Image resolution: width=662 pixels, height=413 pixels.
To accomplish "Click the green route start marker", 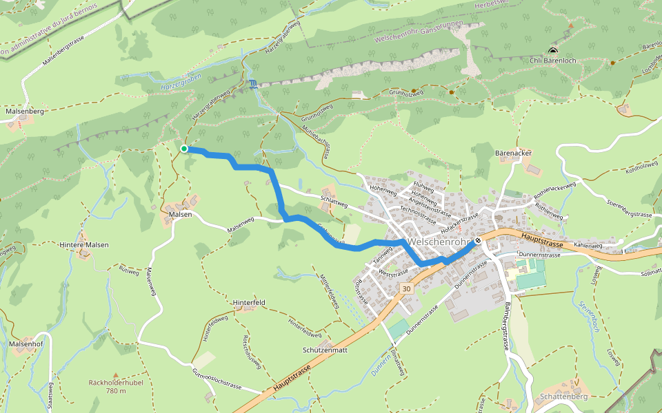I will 184,149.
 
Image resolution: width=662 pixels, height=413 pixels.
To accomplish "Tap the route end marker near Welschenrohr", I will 477,241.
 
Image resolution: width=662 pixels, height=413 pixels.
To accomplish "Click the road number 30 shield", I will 407,288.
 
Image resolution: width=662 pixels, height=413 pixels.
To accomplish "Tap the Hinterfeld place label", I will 250,302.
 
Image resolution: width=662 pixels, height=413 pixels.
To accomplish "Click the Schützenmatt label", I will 324,350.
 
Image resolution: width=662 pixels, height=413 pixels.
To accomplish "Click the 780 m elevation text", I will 115,391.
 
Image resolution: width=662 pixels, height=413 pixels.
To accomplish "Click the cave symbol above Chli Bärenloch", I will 552,50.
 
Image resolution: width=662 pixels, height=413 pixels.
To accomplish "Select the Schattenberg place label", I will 563,396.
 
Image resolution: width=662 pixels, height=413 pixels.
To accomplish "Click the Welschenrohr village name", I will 439,242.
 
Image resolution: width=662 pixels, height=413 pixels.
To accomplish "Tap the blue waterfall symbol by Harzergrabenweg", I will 254,85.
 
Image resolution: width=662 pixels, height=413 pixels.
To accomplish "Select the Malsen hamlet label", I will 180,214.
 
